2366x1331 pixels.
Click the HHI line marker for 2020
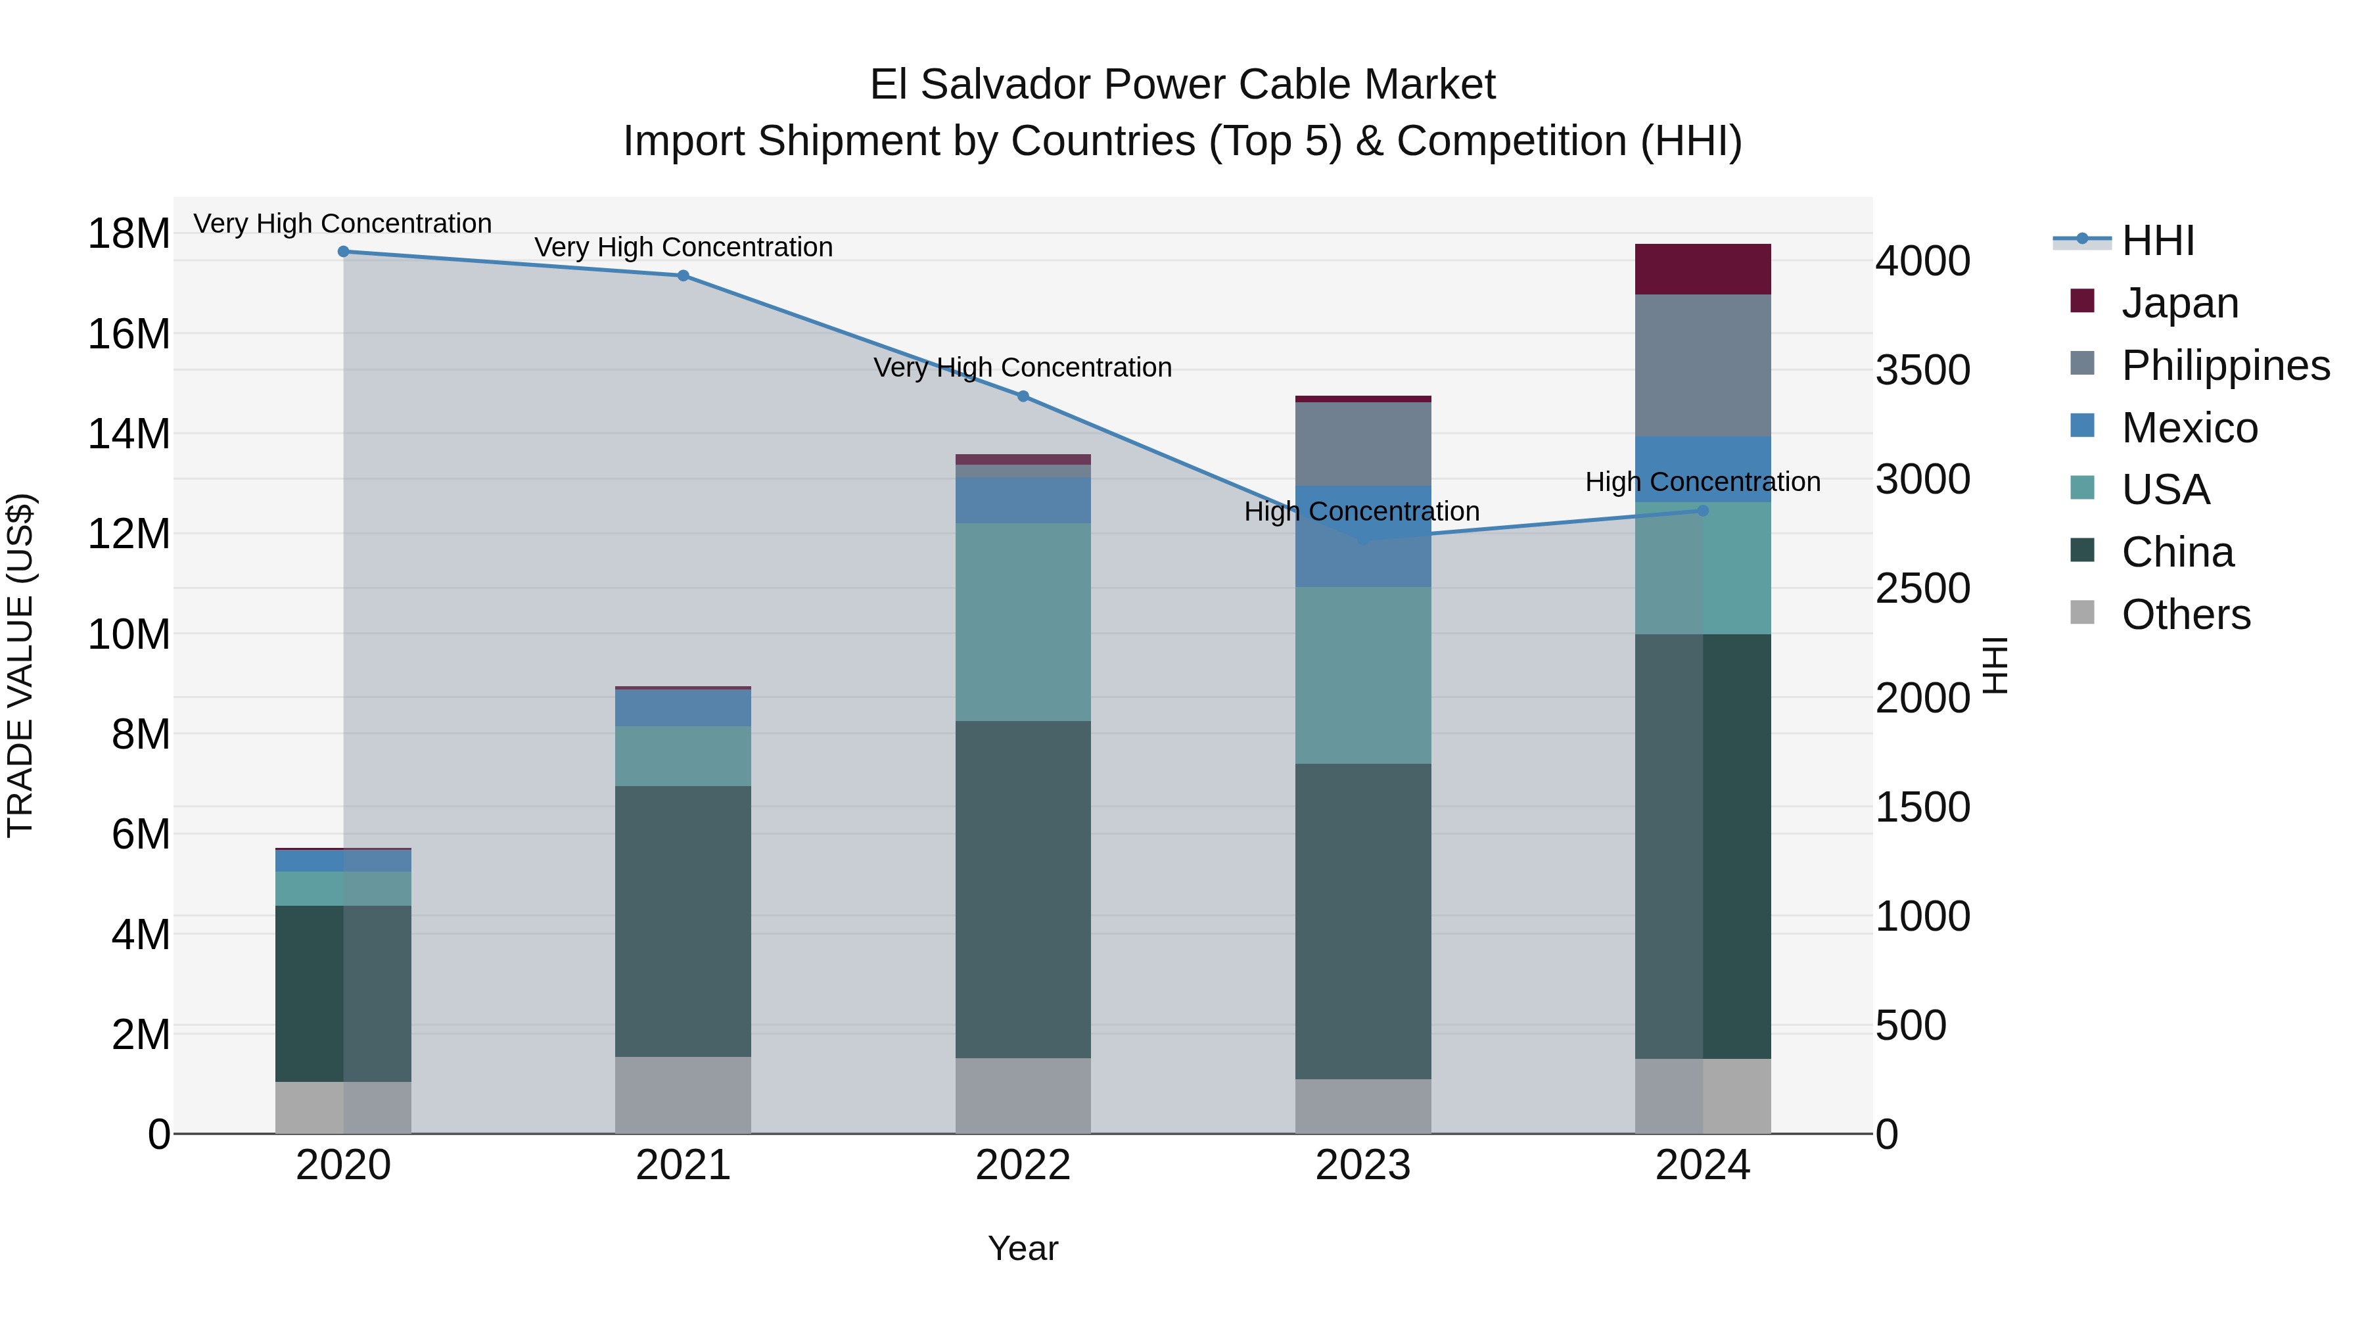[344, 251]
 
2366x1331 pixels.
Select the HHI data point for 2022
[1023, 396]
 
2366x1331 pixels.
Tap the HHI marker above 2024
[1703, 511]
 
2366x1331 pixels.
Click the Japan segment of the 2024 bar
[1703, 269]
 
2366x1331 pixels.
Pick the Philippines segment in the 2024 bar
[1703, 365]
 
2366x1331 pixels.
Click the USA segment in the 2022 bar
[1023, 622]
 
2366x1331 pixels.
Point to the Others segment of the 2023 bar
[1363, 1106]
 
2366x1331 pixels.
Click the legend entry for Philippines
[2225, 365]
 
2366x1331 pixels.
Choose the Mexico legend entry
[2189, 427]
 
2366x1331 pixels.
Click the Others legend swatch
[2082, 613]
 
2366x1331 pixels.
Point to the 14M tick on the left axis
[129, 434]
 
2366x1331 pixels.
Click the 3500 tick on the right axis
[1922, 370]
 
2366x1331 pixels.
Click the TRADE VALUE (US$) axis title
[20, 665]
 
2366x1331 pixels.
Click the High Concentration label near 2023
[1361, 511]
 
